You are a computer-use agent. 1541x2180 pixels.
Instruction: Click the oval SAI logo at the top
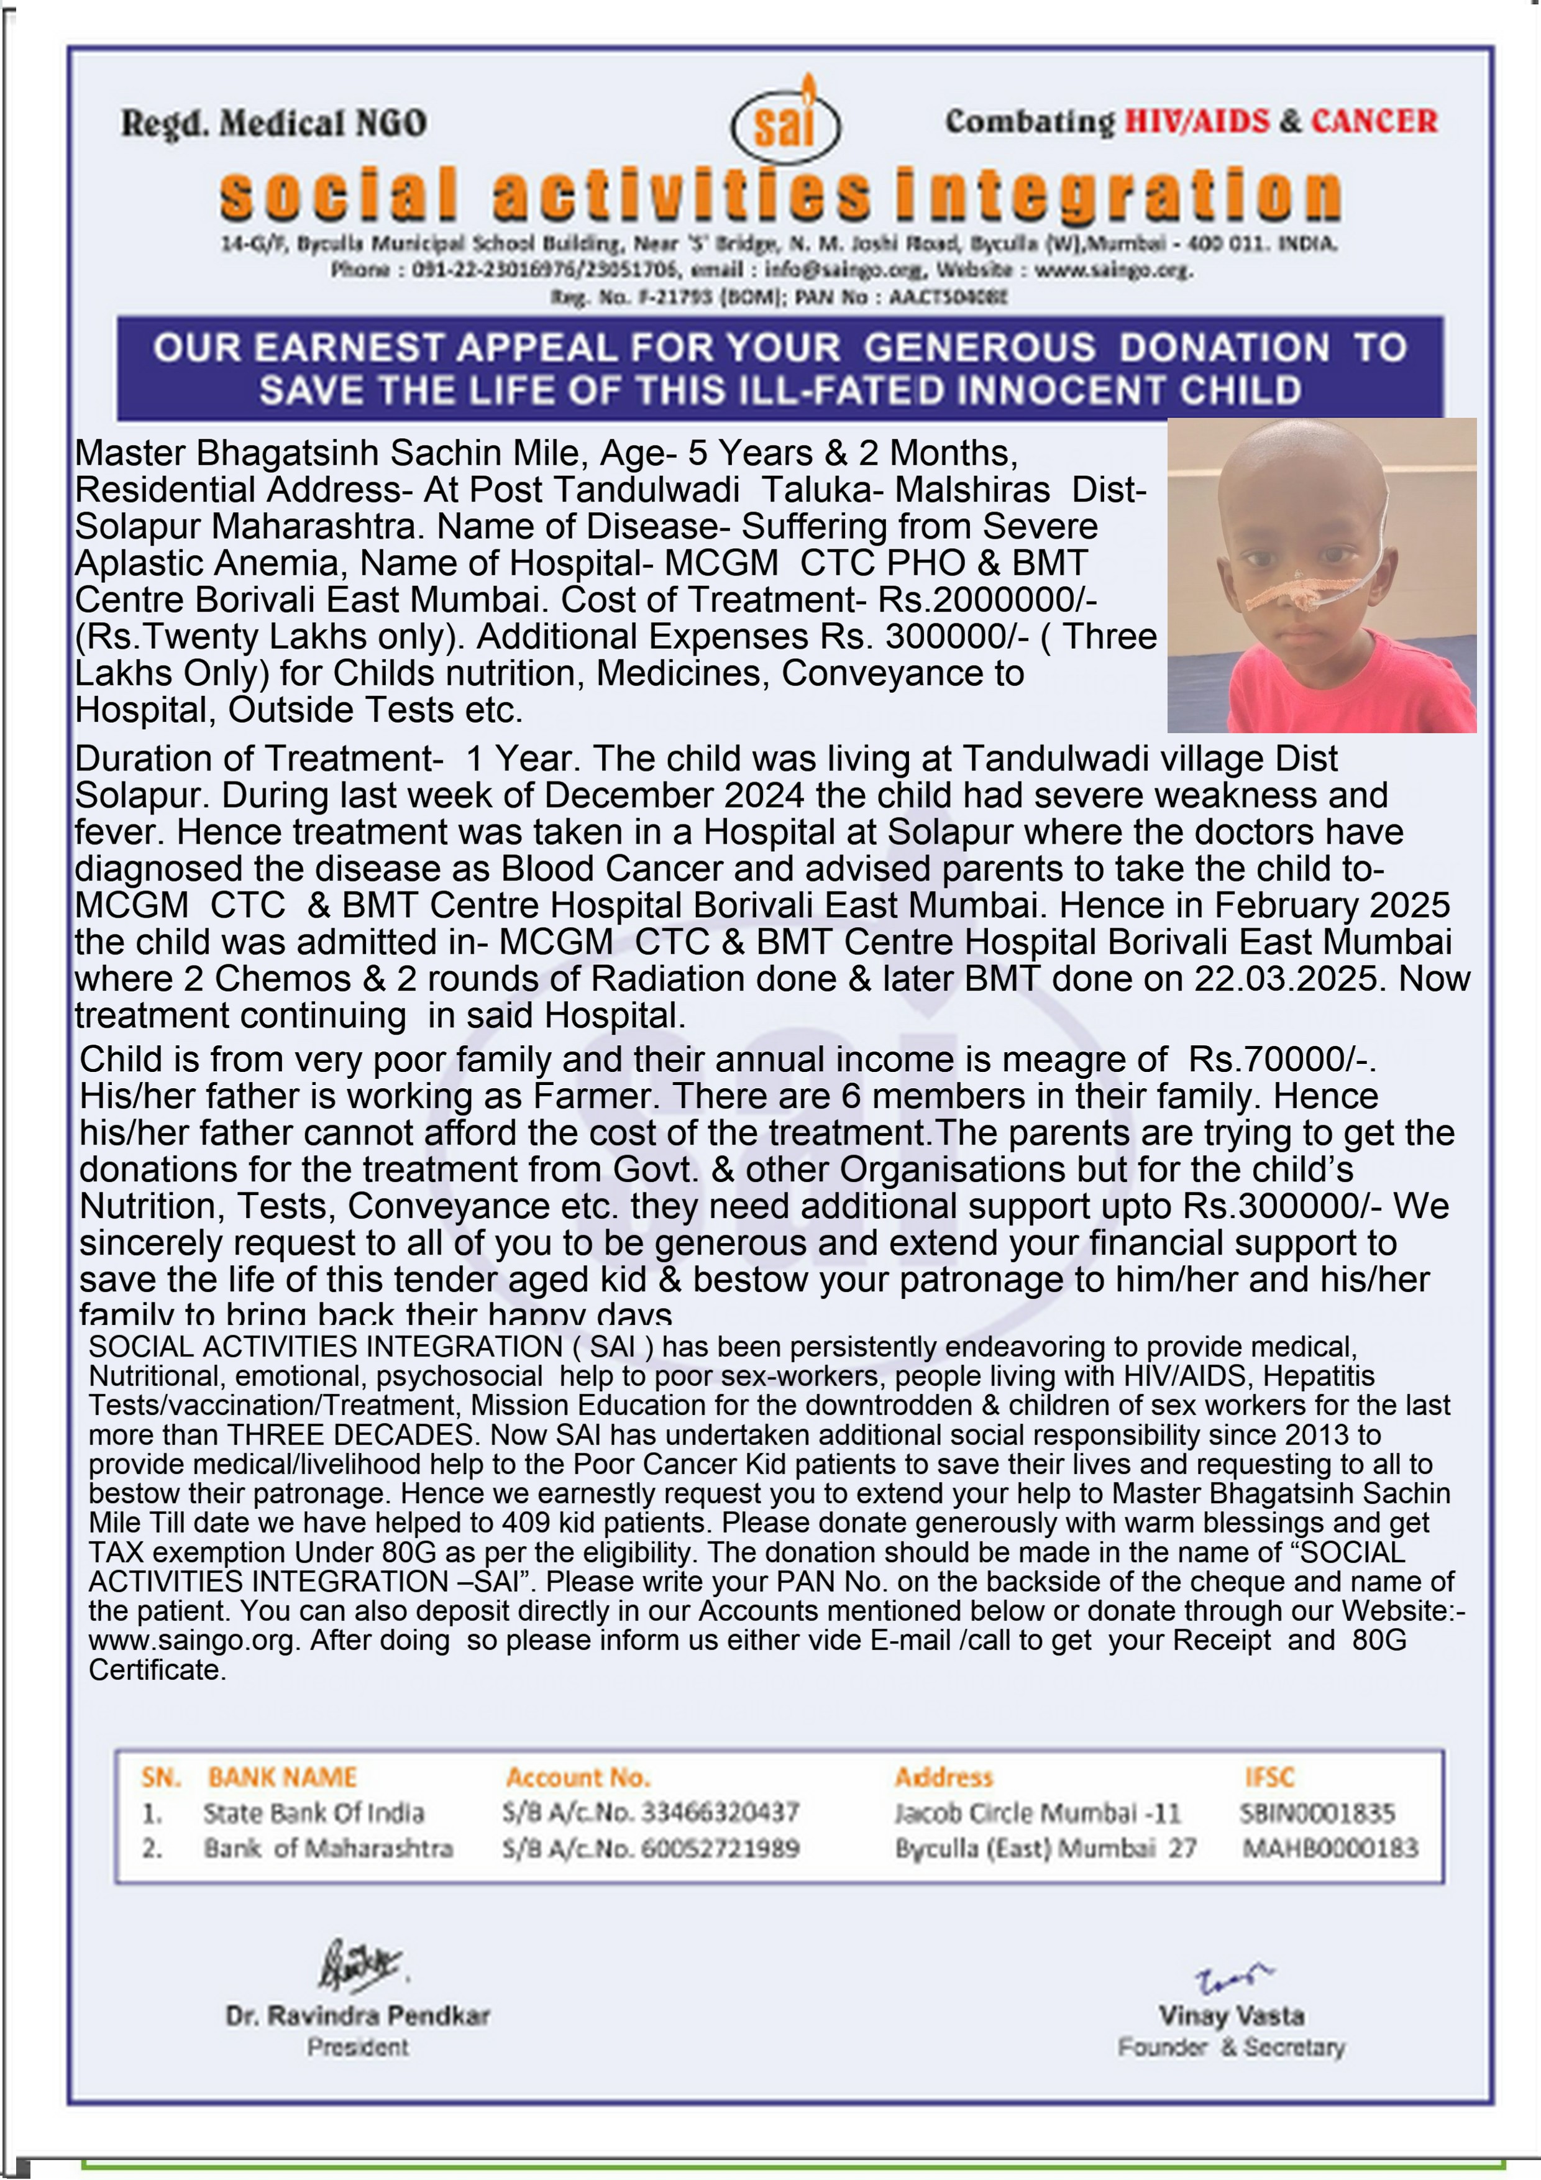click(785, 124)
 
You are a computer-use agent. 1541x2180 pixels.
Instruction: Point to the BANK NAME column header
click(282, 1777)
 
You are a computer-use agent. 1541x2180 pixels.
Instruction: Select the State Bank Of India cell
click(313, 1813)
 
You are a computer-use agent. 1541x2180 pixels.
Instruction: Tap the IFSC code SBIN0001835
click(1316, 1813)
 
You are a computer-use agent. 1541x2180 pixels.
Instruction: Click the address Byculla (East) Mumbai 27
click(1045, 1848)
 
